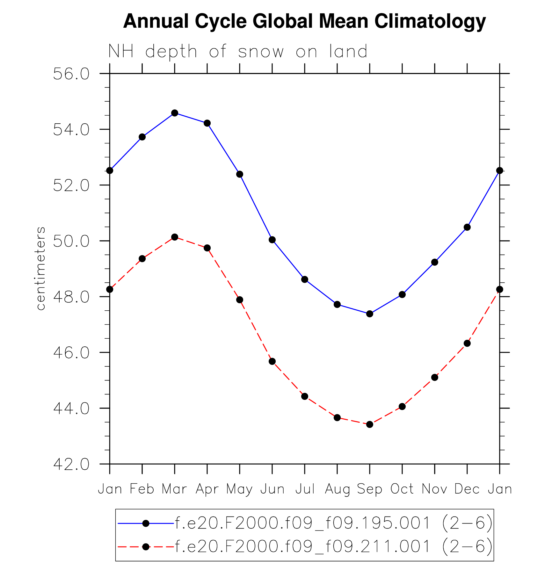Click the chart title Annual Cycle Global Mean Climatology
click(x=304, y=21)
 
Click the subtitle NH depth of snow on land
click(x=238, y=52)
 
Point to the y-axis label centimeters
click(x=41, y=268)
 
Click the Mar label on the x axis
click(x=174, y=489)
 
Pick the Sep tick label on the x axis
click(x=369, y=489)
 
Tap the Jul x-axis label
click(x=305, y=489)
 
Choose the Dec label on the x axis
click(x=467, y=489)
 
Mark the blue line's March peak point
click(x=175, y=113)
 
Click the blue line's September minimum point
click(x=370, y=314)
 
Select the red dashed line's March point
click(x=175, y=237)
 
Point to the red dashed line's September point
click(x=370, y=424)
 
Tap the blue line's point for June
click(x=272, y=240)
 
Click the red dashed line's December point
click(x=467, y=343)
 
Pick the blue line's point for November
click(x=435, y=262)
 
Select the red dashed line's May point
click(x=240, y=300)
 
